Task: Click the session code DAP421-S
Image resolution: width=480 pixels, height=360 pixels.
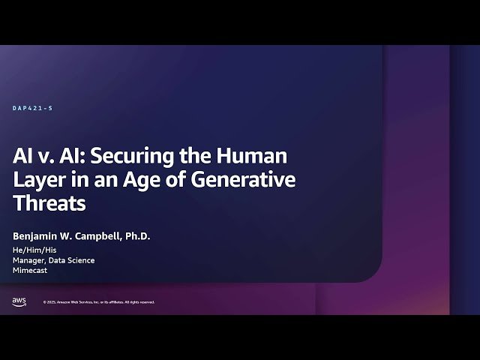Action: pos(33,109)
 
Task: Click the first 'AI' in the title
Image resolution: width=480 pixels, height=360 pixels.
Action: pos(22,157)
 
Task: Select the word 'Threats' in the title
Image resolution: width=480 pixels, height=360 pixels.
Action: pos(49,203)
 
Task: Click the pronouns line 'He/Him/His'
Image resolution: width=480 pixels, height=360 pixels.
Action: pos(32,250)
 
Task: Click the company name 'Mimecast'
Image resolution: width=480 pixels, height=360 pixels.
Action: pos(30,271)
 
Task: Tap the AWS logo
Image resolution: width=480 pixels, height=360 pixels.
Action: pos(19,301)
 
